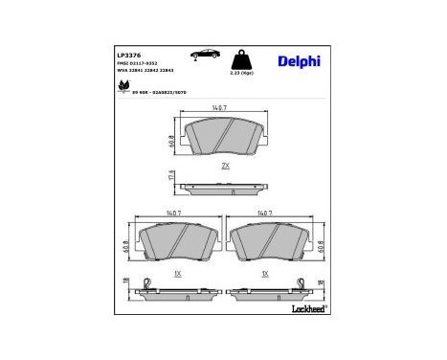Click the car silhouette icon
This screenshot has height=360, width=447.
tap(202, 55)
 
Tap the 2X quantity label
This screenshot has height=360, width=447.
tap(225, 166)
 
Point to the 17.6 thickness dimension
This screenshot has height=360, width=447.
tap(170, 177)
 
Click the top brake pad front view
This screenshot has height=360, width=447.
tap(224, 139)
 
